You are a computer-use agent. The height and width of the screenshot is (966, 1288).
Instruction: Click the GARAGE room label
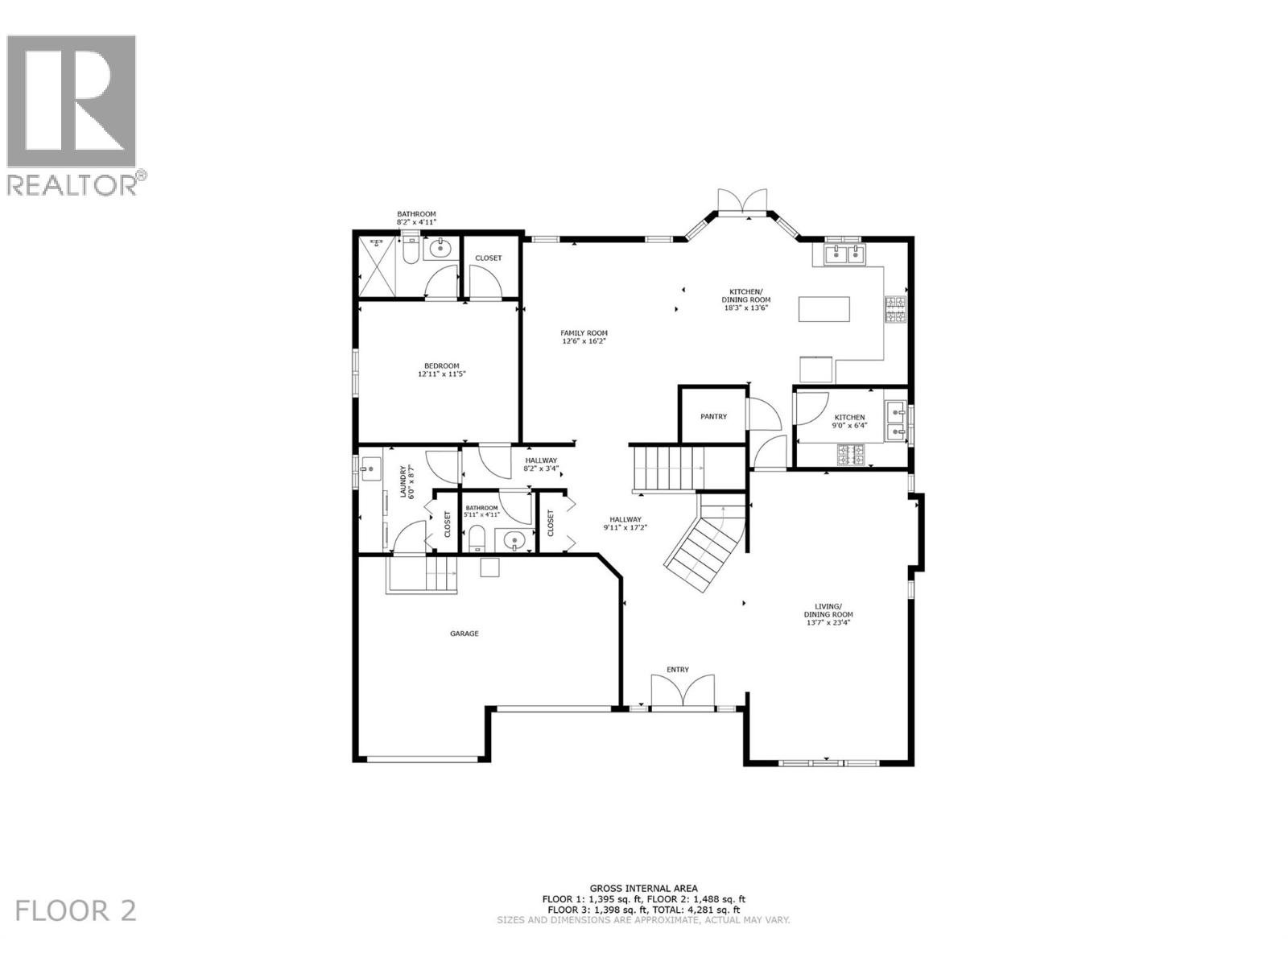coord(464,634)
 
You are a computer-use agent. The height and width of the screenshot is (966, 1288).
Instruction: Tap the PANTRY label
coord(713,416)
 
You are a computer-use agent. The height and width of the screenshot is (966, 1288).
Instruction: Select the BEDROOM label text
coord(442,365)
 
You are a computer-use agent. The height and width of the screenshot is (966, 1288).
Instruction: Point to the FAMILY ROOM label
coord(584,332)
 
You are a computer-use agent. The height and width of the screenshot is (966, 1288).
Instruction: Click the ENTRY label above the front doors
coord(677,670)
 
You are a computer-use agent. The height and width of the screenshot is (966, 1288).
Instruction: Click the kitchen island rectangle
coord(824,309)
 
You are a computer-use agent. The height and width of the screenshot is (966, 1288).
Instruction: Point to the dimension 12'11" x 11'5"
coord(442,374)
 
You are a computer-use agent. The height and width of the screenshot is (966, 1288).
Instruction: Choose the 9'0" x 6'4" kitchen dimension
coord(849,426)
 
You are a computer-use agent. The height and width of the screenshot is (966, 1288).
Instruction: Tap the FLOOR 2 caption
coord(76,910)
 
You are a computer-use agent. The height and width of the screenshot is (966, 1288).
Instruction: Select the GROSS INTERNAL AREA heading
coord(643,889)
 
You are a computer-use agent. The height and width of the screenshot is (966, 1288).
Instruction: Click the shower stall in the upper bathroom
coord(376,265)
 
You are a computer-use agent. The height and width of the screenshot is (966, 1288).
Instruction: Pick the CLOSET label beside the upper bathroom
coord(488,258)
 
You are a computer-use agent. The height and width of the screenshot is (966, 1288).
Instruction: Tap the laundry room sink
coord(371,469)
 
